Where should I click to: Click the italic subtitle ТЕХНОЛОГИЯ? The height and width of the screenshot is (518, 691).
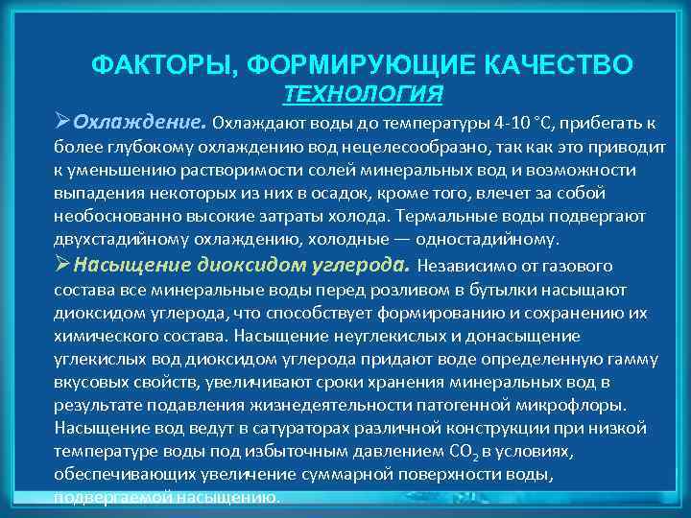point(364,93)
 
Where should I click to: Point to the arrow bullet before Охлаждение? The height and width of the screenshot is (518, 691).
point(63,123)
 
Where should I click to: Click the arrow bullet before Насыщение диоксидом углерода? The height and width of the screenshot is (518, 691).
point(63,264)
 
